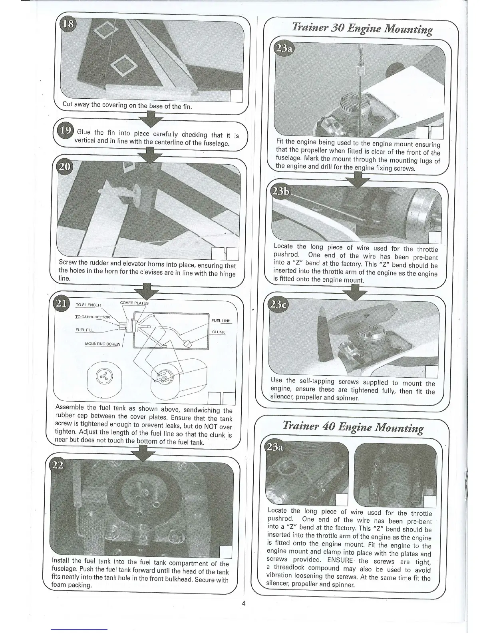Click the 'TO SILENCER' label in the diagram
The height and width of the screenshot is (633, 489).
click(x=88, y=305)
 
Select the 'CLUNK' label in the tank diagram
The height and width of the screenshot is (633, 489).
click(x=219, y=332)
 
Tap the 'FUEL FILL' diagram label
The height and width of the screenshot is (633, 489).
click(x=84, y=330)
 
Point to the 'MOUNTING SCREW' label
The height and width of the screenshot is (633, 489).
click(x=103, y=344)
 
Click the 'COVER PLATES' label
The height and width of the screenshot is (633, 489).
click(x=134, y=303)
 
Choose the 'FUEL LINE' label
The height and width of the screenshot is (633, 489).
click(x=221, y=321)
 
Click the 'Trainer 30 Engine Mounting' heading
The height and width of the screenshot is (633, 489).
click(x=362, y=29)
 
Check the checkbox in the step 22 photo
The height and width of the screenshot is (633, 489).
click(x=227, y=552)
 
